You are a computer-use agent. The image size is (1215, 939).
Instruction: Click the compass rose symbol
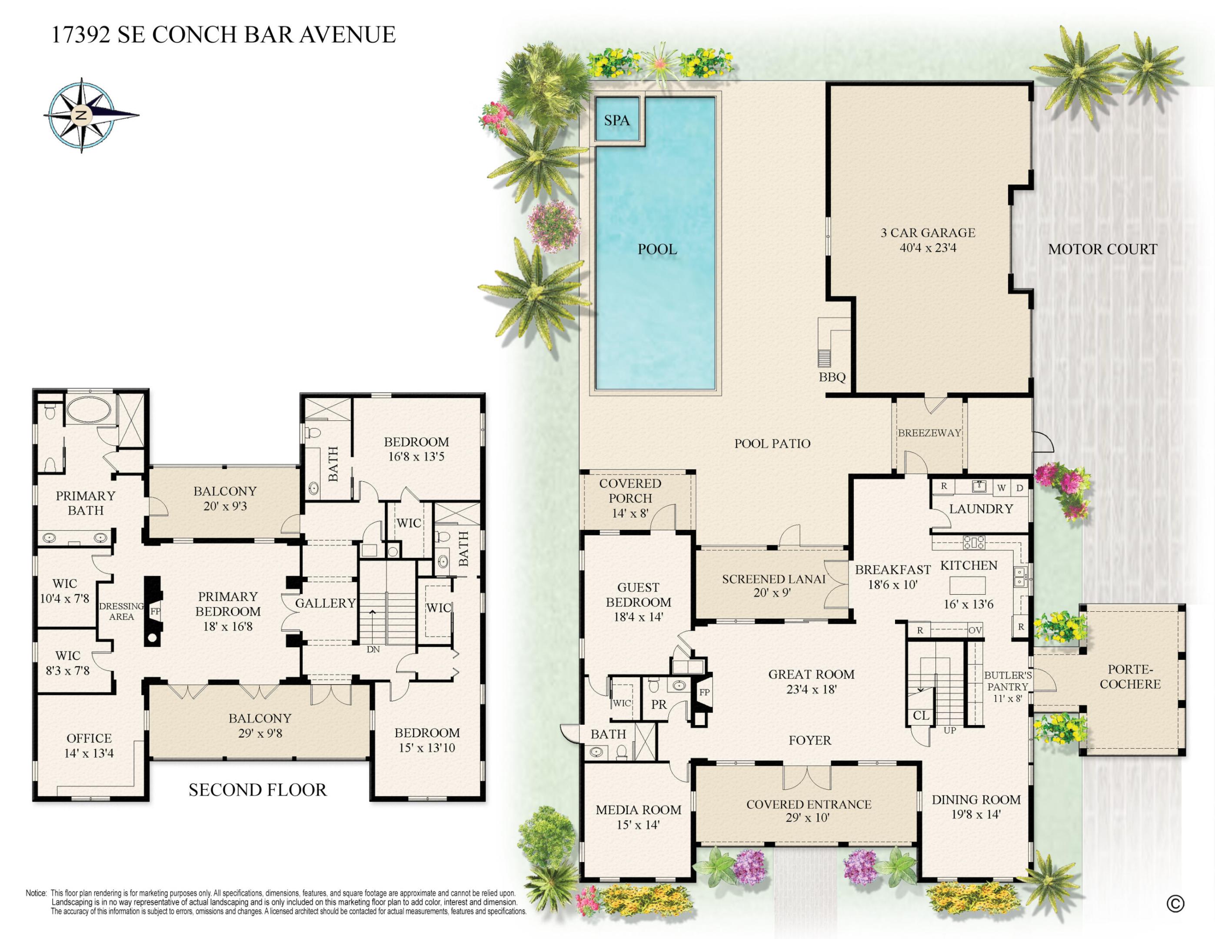pyautogui.click(x=82, y=115)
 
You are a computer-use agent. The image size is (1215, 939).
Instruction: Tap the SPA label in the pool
pyautogui.click(x=617, y=120)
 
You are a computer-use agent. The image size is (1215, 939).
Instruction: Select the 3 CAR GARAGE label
pyautogui.click(x=928, y=233)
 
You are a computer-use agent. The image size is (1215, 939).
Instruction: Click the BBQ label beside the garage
pyautogui.click(x=832, y=377)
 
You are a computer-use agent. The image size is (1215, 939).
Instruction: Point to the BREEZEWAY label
pyautogui.click(x=929, y=433)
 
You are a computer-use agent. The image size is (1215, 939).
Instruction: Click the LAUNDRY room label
pyautogui.click(x=981, y=509)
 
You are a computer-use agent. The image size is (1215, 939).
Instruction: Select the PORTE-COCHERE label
pyautogui.click(x=1130, y=677)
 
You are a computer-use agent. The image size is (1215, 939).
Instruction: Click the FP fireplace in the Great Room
pyautogui.click(x=704, y=693)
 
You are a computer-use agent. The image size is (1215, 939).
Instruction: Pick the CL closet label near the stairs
pyautogui.click(x=921, y=716)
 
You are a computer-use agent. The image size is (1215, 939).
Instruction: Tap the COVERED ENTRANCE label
pyautogui.click(x=808, y=804)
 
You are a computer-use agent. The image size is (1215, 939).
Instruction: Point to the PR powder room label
pyautogui.click(x=659, y=704)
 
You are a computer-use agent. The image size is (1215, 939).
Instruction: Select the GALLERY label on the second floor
pyautogui.click(x=326, y=603)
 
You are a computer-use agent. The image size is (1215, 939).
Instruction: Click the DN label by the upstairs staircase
pyautogui.click(x=373, y=649)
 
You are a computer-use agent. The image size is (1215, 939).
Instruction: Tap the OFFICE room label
pyautogui.click(x=89, y=738)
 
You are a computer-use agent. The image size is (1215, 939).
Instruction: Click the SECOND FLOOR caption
pyautogui.click(x=258, y=790)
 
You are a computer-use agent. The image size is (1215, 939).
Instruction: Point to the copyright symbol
pyautogui.click(x=1175, y=904)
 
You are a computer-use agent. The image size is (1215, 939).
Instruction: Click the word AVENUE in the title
pyautogui.click(x=348, y=34)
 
